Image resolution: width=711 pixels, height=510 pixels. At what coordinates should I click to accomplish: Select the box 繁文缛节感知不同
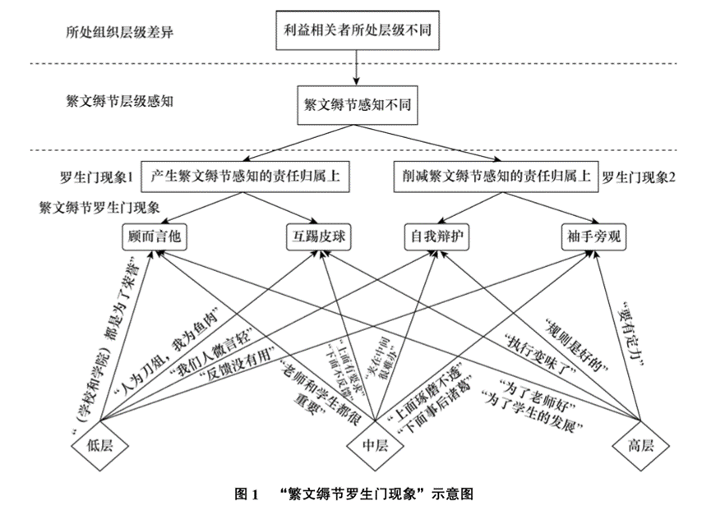click(356, 107)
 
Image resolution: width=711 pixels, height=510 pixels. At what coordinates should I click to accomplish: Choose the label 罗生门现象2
click(638, 177)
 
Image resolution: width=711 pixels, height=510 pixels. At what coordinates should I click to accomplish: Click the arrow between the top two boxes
click(356, 67)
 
